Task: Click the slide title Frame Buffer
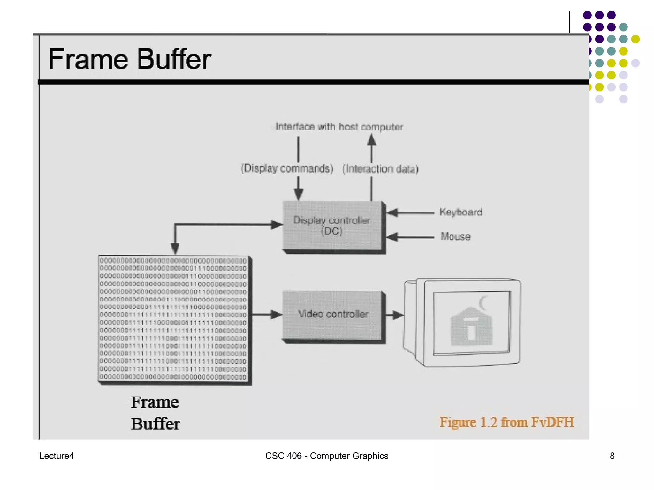click(129, 59)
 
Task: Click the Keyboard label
click(460, 212)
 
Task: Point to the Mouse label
click(455, 237)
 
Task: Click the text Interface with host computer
click(339, 127)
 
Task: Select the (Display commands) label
click(287, 168)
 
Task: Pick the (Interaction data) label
click(380, 169)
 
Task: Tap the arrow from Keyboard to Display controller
click(410, 212)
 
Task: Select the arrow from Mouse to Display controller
click(410, 237)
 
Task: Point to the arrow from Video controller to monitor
click(395, 315)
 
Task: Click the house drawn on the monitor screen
click(471, 327)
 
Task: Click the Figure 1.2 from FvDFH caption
click(506, 422)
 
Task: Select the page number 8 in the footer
click(612, 456)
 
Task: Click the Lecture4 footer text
click(57, 456)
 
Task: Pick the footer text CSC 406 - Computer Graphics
click(327, 456)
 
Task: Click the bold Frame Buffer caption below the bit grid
click(155, 413)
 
